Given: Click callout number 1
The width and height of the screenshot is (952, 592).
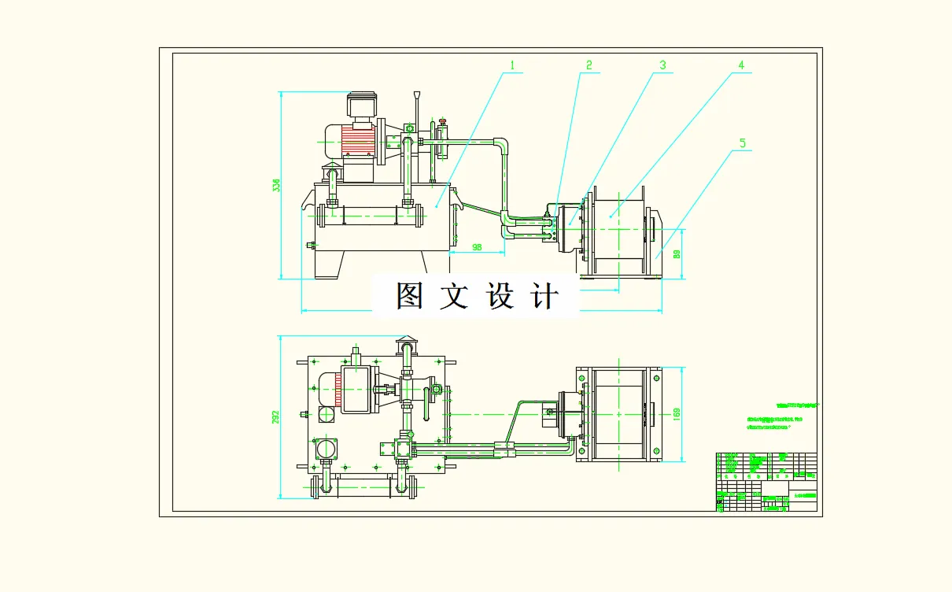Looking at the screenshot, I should [x=512, y=65].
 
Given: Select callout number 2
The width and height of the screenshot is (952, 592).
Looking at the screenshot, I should [x=588, y=65].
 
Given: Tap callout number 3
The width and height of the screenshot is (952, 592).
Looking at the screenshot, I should [x=662, y=65].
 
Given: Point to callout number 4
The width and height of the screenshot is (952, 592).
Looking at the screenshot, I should [x=740, y=65].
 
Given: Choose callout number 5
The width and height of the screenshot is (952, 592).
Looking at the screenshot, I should [x=742, y=143].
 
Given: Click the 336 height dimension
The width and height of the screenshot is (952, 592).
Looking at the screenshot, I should [x=275, y=186].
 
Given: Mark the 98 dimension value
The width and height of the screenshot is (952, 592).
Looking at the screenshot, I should [x=477, y=247].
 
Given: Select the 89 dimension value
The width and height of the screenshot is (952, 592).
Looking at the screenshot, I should [x=677, y=253].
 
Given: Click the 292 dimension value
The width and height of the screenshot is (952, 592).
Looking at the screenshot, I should [x=275, y=416].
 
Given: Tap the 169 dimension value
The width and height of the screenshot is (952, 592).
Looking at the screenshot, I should [x=677, y=413].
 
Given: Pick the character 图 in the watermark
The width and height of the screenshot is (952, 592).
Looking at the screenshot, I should [x=410, y=296].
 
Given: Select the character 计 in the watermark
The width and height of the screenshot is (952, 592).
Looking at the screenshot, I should [x=545, y=296].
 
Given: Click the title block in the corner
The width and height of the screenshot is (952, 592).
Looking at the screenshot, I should [x=766, y=482].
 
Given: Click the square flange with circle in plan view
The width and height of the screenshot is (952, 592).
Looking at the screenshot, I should [x=325, y=449].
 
